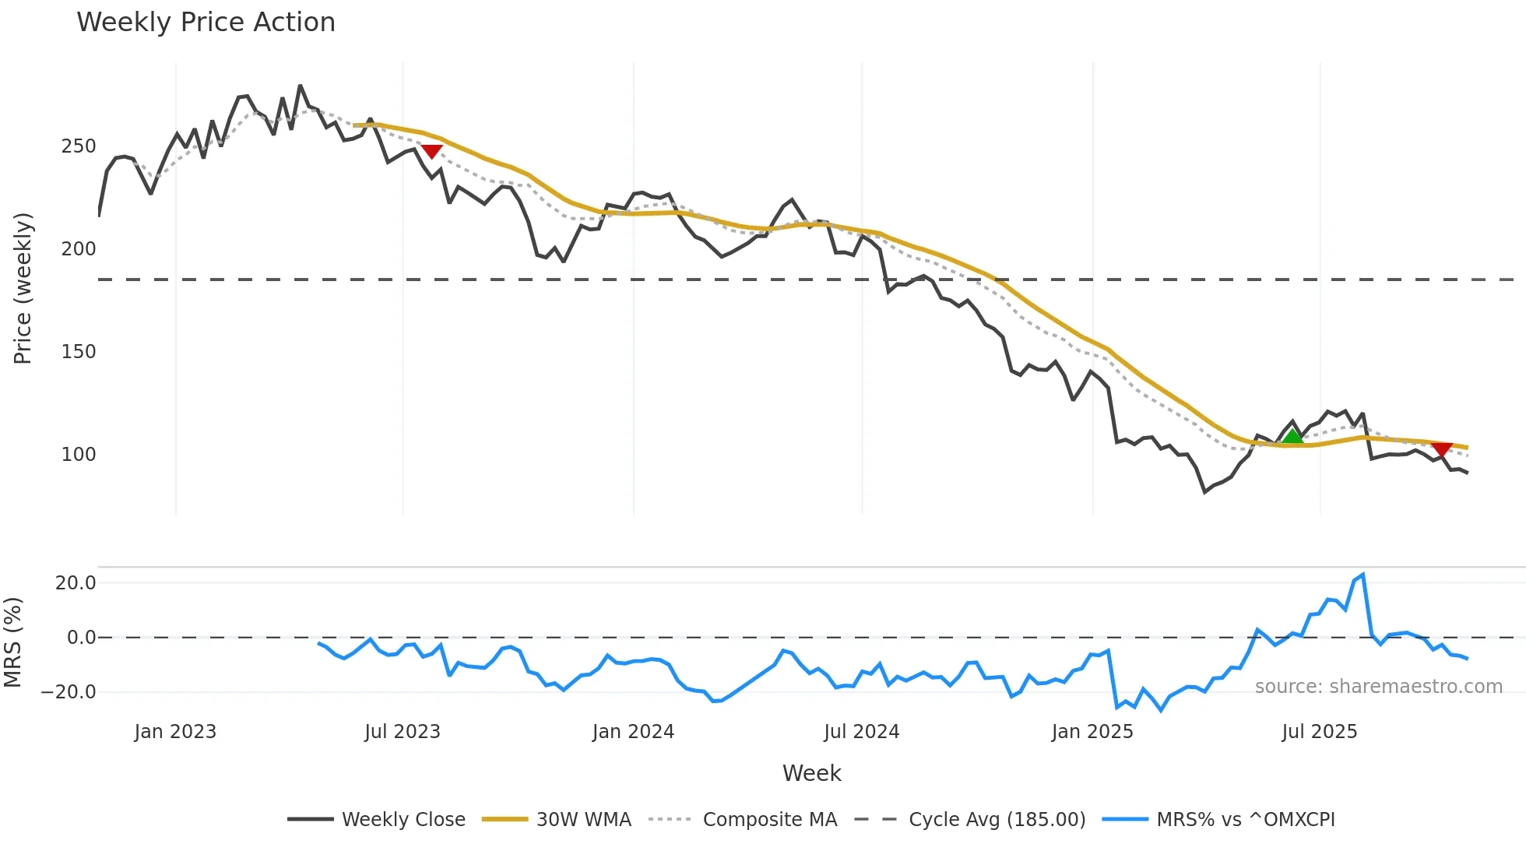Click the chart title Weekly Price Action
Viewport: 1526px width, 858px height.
tap(206, 22)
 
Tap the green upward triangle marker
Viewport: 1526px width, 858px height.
tap(1292, 436)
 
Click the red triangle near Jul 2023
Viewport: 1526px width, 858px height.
tap(431, 151)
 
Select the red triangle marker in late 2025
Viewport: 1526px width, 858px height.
tap(1442, 449)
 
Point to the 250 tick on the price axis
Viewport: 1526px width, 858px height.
tap(79, 146)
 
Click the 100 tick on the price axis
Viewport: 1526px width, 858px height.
tap(79, 454)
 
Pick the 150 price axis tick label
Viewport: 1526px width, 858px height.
tap(79, 351)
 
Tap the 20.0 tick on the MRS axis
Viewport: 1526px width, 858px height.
tap(76, 582)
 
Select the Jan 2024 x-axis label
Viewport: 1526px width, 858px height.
tap(633, 732)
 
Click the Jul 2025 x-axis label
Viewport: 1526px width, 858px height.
tap(1319, 732)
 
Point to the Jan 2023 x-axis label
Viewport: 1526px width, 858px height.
tap(175, 732)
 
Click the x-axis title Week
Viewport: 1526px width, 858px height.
tap(811, 773)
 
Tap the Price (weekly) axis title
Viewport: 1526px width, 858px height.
tap(23, 288)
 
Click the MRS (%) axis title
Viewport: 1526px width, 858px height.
tap(12, 642)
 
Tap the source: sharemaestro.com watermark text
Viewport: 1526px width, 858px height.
tap(1378, 687)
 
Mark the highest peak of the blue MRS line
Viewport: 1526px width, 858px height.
tap(1362, 575)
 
